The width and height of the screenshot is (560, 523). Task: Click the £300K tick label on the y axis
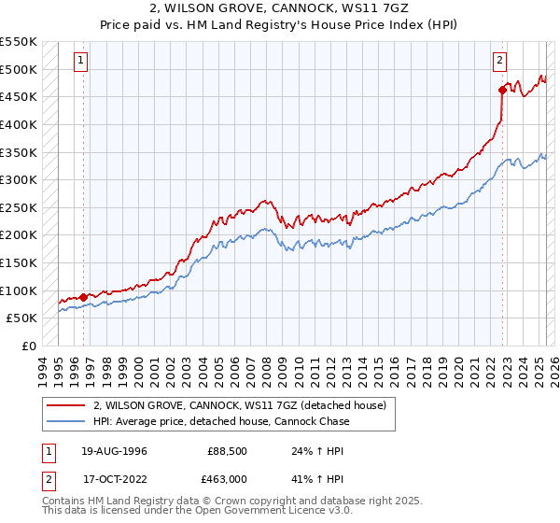pos(18,179)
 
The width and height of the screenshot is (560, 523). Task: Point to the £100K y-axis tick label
pos(18,290)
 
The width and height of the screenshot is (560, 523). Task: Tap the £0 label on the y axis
pos(28,346)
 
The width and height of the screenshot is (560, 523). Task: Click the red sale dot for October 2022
pos(502,90)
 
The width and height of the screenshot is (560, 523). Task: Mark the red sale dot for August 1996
pos(84,297)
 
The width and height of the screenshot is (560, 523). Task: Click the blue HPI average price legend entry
pos(221,421)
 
